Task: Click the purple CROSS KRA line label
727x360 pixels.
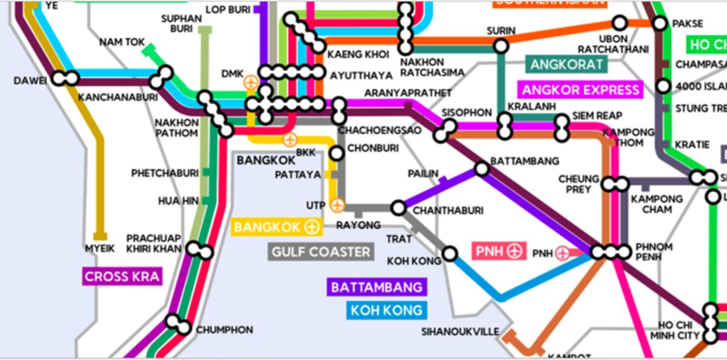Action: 122,277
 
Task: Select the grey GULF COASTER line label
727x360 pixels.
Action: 320,252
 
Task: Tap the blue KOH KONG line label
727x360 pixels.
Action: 386,310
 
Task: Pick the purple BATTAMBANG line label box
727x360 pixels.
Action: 376,287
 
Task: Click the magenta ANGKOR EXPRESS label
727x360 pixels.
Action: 580,90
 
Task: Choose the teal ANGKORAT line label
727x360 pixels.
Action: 566,64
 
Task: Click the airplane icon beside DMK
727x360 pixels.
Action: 250,82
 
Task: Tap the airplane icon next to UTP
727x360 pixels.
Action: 337,205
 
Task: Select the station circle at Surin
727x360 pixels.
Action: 500,45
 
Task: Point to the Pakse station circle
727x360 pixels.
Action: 660,24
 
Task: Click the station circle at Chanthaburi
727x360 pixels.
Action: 398,208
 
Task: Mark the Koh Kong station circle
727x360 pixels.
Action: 450,253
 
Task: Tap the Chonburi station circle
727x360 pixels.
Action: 336,153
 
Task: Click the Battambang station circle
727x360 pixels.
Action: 482,168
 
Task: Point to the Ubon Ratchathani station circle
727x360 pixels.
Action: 619,24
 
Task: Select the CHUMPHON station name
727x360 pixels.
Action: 224,330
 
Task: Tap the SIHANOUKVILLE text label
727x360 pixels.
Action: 460,332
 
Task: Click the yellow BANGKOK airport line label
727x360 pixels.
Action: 276,227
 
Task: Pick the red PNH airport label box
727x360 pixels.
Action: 499,250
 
